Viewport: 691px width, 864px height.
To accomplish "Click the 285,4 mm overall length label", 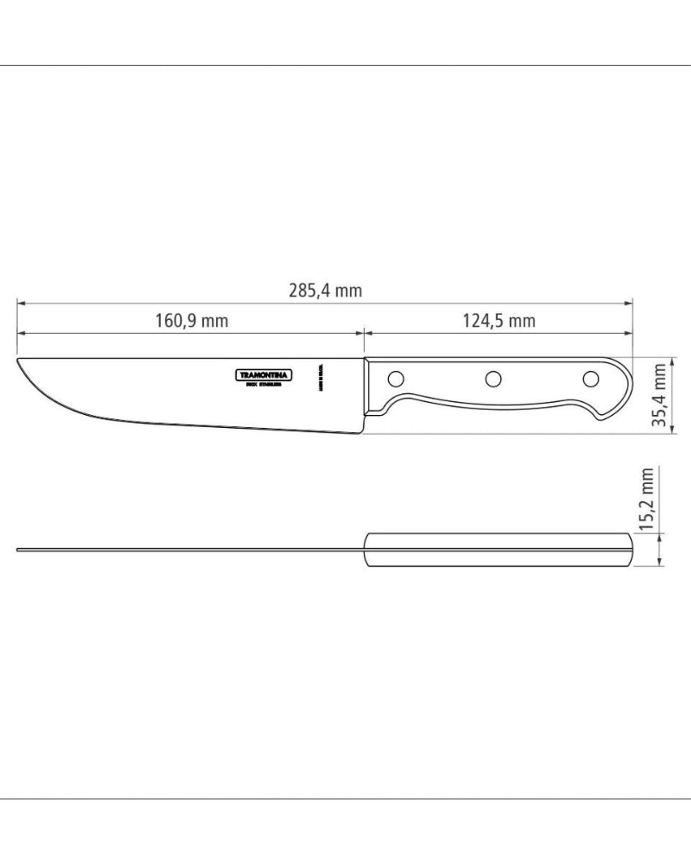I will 325,290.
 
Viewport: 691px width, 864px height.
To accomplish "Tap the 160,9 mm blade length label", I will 192,320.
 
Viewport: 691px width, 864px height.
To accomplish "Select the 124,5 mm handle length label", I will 498,320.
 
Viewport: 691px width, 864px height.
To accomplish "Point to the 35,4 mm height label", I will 660,395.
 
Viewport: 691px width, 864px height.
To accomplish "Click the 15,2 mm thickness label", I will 647,498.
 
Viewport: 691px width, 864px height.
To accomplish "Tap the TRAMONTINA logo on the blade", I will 264,376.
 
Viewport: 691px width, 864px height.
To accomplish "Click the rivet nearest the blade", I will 395,379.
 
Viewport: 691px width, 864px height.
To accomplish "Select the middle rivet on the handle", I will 493,379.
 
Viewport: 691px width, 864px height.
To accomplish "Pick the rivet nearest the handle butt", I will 591,379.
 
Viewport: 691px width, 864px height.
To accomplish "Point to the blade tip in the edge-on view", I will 18,550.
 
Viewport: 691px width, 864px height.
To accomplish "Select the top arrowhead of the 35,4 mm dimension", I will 672,360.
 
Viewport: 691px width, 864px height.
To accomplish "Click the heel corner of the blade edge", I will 360,433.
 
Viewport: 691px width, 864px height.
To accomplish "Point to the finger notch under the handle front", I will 392,405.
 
